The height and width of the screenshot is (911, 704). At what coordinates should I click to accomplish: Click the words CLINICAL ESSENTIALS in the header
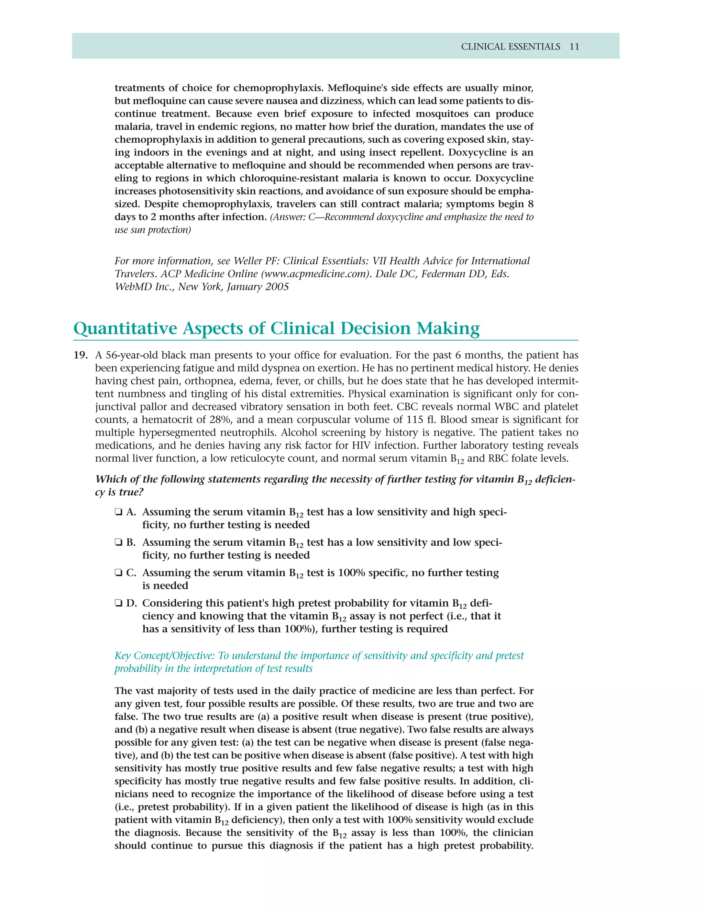pos(510,47)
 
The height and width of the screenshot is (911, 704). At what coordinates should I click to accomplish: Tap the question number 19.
pos(80,355)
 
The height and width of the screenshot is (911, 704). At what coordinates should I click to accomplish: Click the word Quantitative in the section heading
pos(125,328)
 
